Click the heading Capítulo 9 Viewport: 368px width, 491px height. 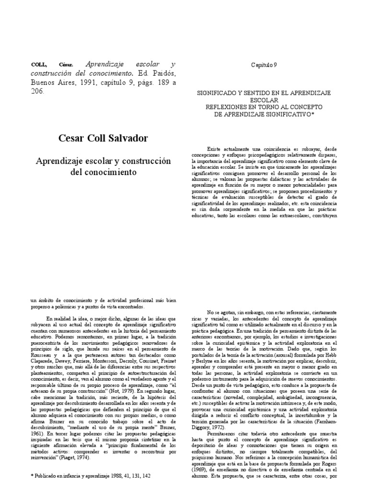click(x=264, y=65)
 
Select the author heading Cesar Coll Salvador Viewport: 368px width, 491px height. click(x=103, y=138)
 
